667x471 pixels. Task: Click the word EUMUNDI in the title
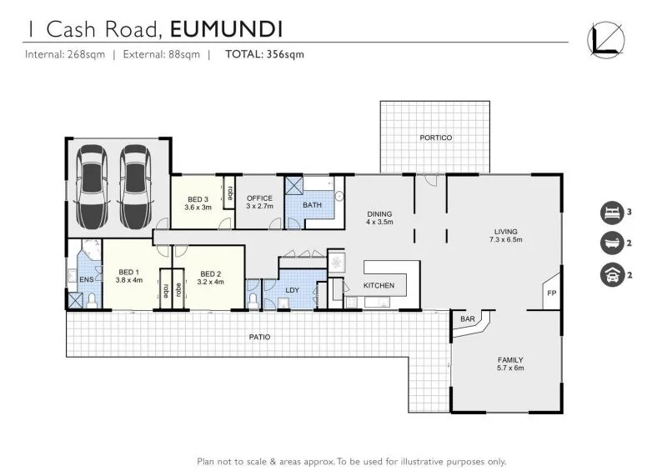point(227,29)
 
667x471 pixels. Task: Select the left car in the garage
point(92,188)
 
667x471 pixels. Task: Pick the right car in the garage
point(135,188)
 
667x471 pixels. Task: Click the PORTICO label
point(435,138)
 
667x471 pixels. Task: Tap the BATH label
point(312,205)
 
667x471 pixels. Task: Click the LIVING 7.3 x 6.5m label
point(505,235)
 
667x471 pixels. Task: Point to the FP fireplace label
point(551,293)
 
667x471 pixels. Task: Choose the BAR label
point(467,319)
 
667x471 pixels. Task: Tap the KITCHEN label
point(379,286)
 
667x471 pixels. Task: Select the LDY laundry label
point(292,290)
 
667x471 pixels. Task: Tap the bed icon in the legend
point(611,213)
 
